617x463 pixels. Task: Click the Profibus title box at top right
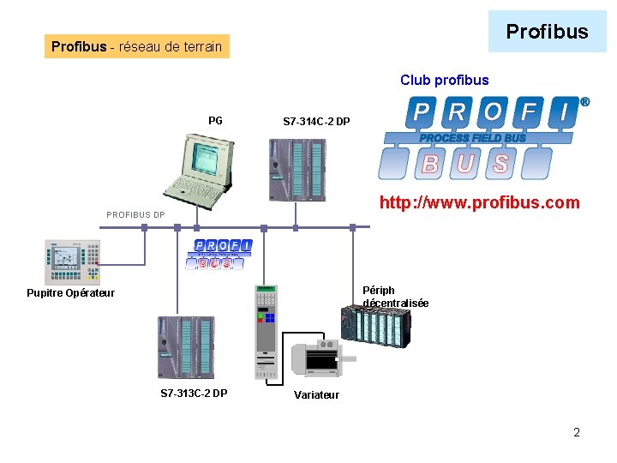547,33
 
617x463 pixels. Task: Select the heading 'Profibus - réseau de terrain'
137,46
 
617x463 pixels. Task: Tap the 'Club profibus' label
444,81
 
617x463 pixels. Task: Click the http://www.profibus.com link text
480,203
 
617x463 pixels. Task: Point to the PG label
215,121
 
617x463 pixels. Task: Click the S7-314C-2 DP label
316,122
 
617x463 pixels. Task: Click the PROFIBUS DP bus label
135,214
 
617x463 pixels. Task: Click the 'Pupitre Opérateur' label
70,293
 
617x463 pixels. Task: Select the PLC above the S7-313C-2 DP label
183,347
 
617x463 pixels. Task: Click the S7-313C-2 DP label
194,394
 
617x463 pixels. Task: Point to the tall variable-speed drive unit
266,331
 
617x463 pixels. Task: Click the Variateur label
316,395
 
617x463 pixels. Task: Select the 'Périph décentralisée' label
395,297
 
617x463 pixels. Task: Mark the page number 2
577,432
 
